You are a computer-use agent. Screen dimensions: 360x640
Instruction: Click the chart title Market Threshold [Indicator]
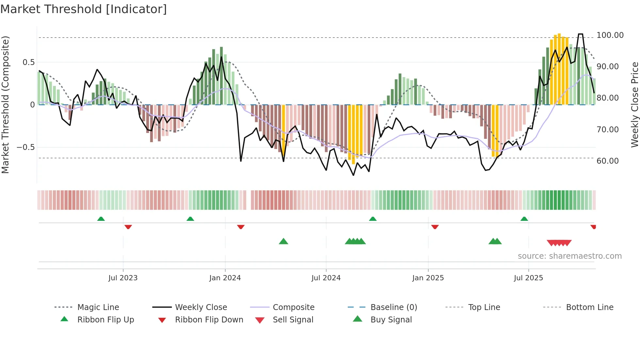click(84, 9)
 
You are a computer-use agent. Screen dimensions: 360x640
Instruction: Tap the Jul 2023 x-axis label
click(123, 278)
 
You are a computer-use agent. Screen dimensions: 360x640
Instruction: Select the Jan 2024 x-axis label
click(225, 278)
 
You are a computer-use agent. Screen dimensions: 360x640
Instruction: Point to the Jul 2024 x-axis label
click(326, 278)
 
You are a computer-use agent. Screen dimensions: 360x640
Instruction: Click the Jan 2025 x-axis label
click(428, 278)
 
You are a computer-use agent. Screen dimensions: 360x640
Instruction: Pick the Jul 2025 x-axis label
click(528, 278)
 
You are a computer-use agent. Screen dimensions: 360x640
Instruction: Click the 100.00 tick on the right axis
click(610, 35)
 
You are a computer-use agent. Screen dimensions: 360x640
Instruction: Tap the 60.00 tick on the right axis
click(607, 161)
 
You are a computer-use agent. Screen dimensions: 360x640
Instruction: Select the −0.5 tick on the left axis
click(25, 147)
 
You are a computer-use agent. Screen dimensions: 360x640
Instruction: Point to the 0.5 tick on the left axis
click(28, 62)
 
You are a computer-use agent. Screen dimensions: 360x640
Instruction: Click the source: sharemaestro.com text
click(569, 256)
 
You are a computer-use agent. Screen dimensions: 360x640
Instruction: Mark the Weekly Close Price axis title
click(634, 105)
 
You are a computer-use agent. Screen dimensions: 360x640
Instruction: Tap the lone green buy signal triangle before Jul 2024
click(283, 241)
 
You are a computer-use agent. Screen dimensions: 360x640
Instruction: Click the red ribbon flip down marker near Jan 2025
click(435, 227)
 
